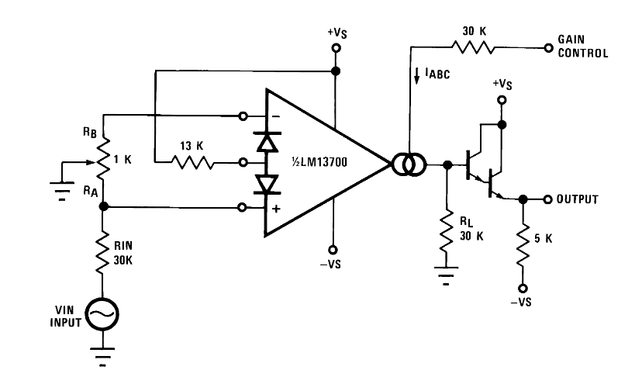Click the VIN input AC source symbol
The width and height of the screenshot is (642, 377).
102,314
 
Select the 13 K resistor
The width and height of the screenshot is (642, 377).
192,163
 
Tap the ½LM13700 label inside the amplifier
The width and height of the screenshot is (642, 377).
319,162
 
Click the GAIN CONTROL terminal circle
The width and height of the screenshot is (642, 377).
549,48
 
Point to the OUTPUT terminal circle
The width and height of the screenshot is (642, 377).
548,199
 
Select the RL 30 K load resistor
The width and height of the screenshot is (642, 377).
446,231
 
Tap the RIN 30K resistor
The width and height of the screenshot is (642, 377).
102,252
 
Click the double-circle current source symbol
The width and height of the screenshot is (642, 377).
409,164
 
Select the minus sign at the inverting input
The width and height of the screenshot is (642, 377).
276,117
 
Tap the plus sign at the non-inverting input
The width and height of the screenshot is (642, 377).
276,209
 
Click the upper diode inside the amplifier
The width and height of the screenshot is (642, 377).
267,142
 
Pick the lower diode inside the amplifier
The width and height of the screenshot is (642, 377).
267,184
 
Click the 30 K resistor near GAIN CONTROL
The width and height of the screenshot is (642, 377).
472,48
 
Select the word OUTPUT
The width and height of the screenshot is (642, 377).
578,199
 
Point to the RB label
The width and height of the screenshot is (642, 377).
90,133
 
